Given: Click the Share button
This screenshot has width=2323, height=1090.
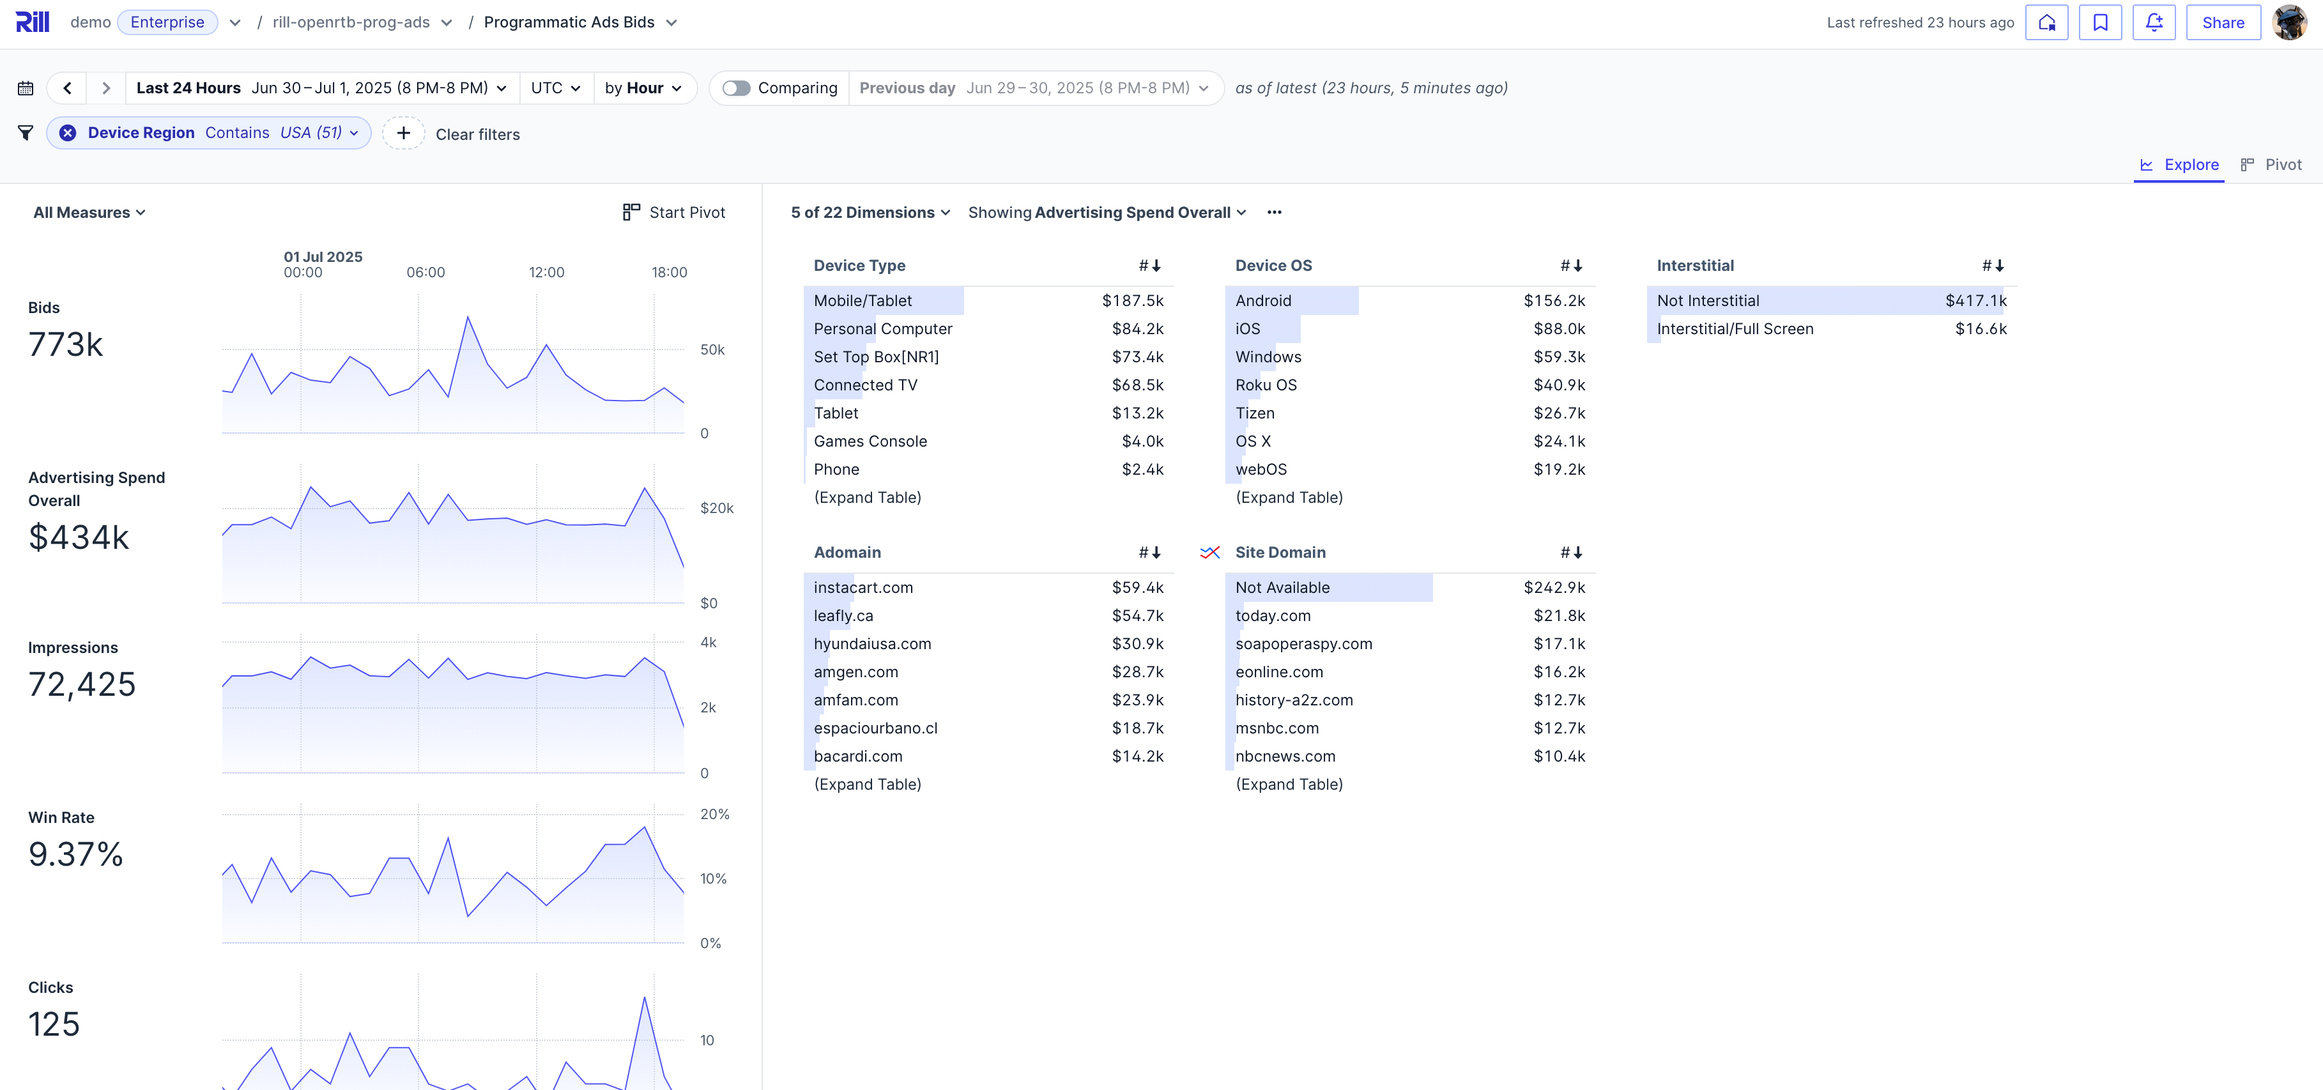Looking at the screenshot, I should pos(2222,22).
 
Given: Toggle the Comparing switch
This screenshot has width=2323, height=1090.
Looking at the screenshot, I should pos(736,88).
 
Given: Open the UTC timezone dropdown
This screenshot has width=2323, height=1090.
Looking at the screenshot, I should pos(555,88).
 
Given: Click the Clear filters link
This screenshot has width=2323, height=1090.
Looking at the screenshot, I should pos(477,134).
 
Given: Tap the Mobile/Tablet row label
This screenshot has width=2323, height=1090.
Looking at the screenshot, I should pos(862,300).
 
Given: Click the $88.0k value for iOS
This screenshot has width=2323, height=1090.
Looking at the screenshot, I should pos(1558,328).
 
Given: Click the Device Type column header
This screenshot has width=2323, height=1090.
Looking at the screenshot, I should pos(859,265).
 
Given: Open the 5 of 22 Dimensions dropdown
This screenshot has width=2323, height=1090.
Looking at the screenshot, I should pos(870,212).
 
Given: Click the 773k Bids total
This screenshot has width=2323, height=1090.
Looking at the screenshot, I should pos(66,344).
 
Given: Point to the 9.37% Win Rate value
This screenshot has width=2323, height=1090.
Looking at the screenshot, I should pos(76,854).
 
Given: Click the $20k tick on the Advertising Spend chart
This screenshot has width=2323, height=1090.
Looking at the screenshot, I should pos(716,507).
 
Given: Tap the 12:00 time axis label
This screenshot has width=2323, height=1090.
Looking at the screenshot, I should pos(546,272).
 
